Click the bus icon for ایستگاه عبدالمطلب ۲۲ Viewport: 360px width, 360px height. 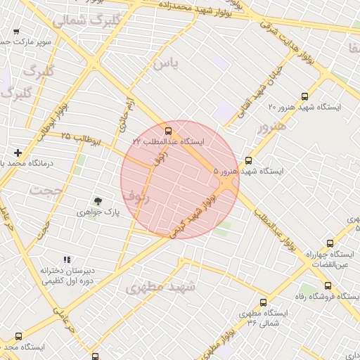point(167,131)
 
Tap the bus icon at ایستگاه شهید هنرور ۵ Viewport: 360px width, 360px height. point(248,160)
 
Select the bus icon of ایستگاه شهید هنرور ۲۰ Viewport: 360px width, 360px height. point(304,96)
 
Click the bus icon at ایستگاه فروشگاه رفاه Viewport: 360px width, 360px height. point(328,285)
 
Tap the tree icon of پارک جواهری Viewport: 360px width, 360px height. point(98,201)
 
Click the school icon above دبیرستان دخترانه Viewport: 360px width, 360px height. point(67,259)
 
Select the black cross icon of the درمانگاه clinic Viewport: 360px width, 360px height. point(18,153)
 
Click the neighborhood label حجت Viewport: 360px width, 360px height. point(46,190)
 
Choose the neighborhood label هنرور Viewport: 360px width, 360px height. point(272,127)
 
